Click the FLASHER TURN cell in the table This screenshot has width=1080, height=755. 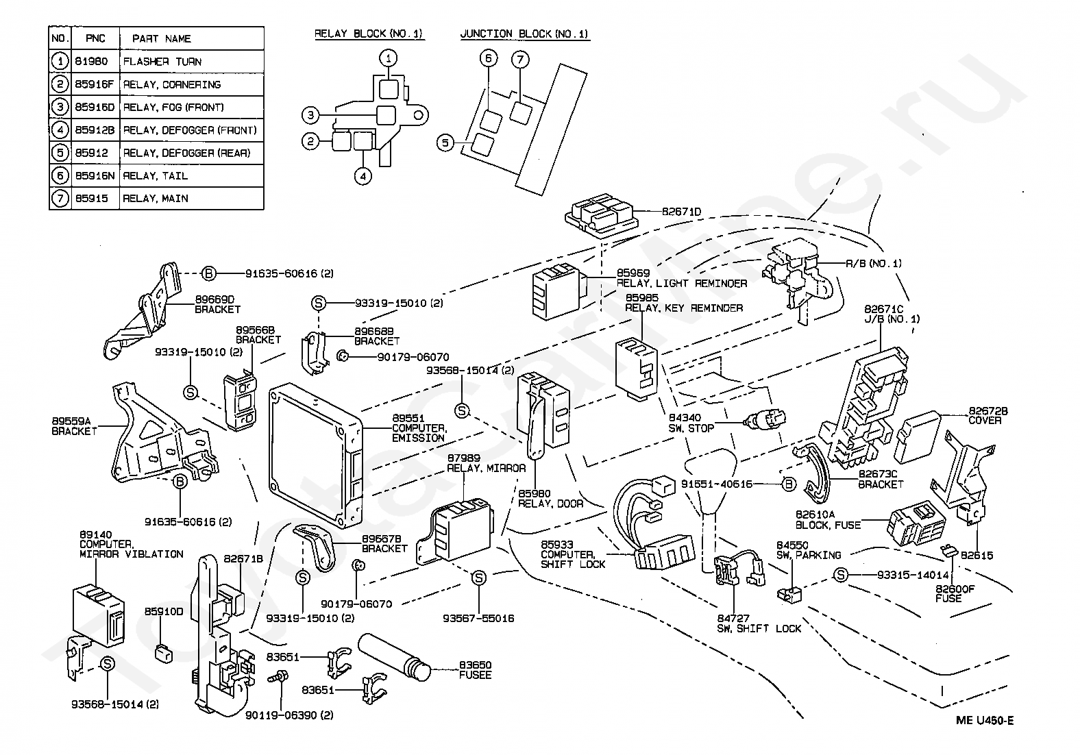pos(191,62)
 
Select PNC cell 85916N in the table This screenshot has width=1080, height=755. pos(95,176)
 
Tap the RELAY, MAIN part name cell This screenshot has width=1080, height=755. pos(191,199)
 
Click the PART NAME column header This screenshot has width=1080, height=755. pos(191,38)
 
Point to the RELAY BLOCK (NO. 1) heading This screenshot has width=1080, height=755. pos(369,34)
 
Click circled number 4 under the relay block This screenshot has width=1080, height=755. pos(363,177)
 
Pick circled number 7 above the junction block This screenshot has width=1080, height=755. pos(519,60)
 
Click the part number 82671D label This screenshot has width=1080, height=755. pos(681,212)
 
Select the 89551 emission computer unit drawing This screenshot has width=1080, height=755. pos(316,455)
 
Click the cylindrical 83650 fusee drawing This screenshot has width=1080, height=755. pos(395,656)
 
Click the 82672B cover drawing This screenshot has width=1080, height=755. pos(917,437)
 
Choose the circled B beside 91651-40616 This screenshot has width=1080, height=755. pos(788,484)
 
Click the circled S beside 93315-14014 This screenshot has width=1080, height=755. pos(840,575)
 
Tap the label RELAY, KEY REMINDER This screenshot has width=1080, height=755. pos(684,308)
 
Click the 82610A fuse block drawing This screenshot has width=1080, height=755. pos(916,525)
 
